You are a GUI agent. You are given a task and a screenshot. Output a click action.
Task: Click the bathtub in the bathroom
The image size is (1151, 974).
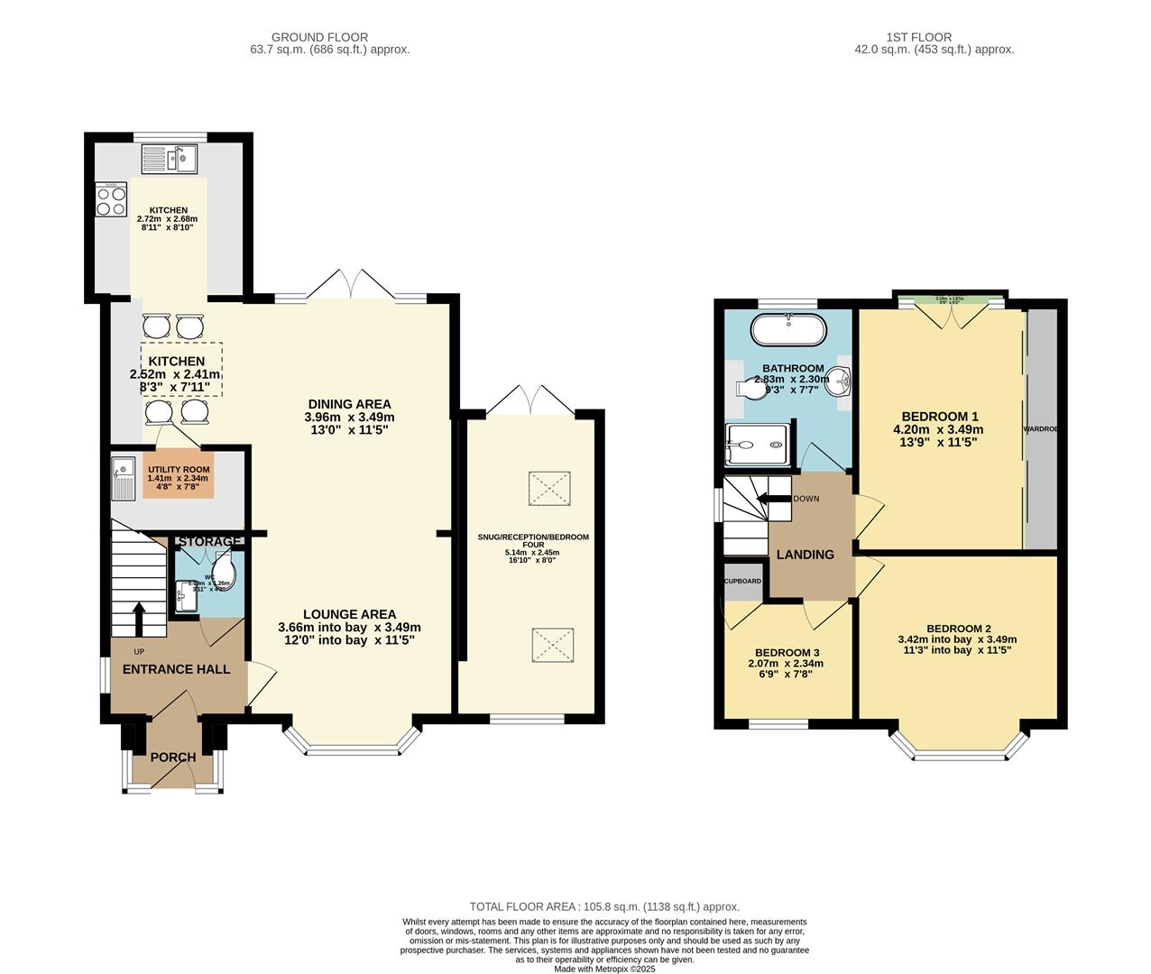pyautogui.click(x=788, y=331)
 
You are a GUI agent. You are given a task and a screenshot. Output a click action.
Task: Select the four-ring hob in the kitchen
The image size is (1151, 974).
pyautogui.click(x=112, y=199)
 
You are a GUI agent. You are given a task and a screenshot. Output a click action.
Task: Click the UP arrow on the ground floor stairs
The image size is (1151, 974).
pyautogui.click(x=139, y=619)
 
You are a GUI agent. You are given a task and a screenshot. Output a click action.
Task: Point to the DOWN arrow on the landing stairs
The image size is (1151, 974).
pyautogui.click(x=772, y=499)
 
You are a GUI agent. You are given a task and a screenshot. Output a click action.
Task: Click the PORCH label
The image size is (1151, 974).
pyautogui.click(x=173, y=758)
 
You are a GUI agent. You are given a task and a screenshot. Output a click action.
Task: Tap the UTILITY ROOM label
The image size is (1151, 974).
pyautogui.click(x=179, y=470)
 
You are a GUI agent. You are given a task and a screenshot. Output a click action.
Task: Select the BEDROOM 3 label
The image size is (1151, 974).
pyautogui.click(x=787, y=652)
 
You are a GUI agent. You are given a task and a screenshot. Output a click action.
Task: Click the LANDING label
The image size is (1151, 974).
pyautogui.click(x=806, y=555)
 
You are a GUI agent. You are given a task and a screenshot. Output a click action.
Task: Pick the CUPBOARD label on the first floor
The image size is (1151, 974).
pyautogui.click(x=743, y=582)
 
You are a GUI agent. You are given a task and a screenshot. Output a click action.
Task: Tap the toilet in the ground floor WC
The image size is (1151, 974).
pyautogui.click(x=224, y=569)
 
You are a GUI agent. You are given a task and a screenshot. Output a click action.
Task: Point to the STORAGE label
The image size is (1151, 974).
pyautogui.click(x=209, y=541)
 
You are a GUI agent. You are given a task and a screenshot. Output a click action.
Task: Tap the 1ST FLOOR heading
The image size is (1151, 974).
pyautogui.click(x=934, y=37)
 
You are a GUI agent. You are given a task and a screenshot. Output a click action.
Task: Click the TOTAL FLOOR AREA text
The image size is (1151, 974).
pyautogui.click(x=603, y=906)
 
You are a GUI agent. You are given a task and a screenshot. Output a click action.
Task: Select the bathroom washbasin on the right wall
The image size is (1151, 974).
pyautogui.click(x=841, y=381)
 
